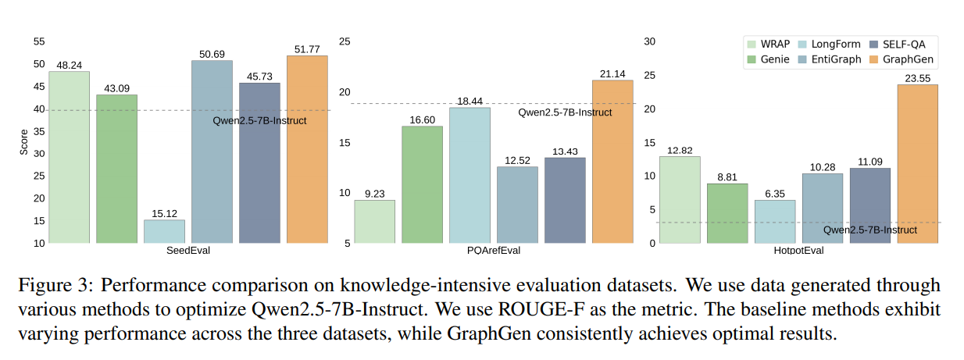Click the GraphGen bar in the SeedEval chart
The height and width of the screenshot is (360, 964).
click(x=307, y=149)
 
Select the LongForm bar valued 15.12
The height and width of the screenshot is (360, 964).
click(x=164, y=231)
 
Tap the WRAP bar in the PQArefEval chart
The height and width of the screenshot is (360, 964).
click(x=374, y=222)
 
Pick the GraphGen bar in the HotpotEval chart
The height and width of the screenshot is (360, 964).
click(x=917, y=164)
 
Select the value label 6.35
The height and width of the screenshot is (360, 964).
click(x=774, y=193)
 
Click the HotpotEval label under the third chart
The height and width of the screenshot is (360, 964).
click(x=798, y=251)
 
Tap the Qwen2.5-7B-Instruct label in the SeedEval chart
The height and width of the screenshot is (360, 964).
click(x=259, y=120)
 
